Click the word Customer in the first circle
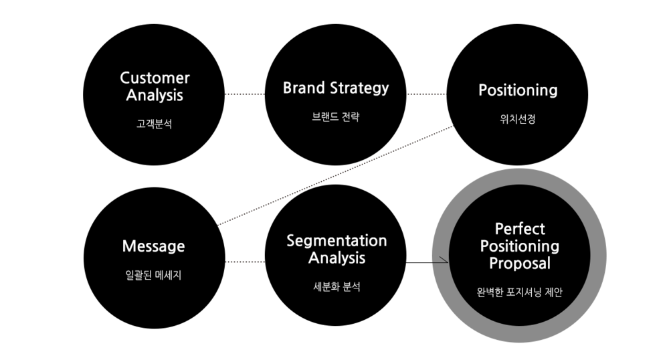[x=155, y=78]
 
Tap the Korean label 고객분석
[x=154, y=124]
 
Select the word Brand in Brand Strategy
[x=304, y=88]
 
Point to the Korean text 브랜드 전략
[x=336, y=116]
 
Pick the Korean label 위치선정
[x=518, y=118]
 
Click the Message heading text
[x=154, y=246]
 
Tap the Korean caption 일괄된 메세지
[x=154, y=275]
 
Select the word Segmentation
[x=337, y=241]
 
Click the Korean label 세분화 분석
[x=337, y=286]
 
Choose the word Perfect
[x=520, y=229]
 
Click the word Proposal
[x=520, y=263]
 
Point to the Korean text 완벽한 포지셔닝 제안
[x=520, y=292]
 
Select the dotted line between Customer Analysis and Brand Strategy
[x=244, y=94]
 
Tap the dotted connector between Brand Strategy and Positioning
[x=426, y=94]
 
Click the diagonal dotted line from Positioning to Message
[x=335, y=175]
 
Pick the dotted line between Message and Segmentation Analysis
[x=245, y=262]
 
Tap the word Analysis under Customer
[x=155, y=95]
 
